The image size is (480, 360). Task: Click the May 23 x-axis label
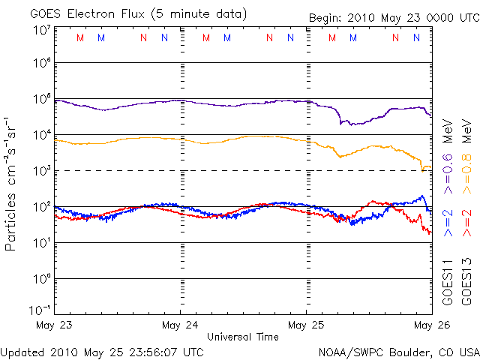tap(54, 325)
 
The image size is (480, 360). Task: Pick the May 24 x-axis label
tap(180, 325)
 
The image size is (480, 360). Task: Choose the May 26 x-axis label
tap(430, 325)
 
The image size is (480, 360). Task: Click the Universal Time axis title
tap(242, 337)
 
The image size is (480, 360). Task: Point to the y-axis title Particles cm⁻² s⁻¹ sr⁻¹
tap(11, 184)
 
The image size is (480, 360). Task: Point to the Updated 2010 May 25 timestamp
tap(101, 351)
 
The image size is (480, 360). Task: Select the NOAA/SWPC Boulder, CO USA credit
tap(398, 351)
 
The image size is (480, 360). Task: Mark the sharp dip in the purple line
tap(341, 122)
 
